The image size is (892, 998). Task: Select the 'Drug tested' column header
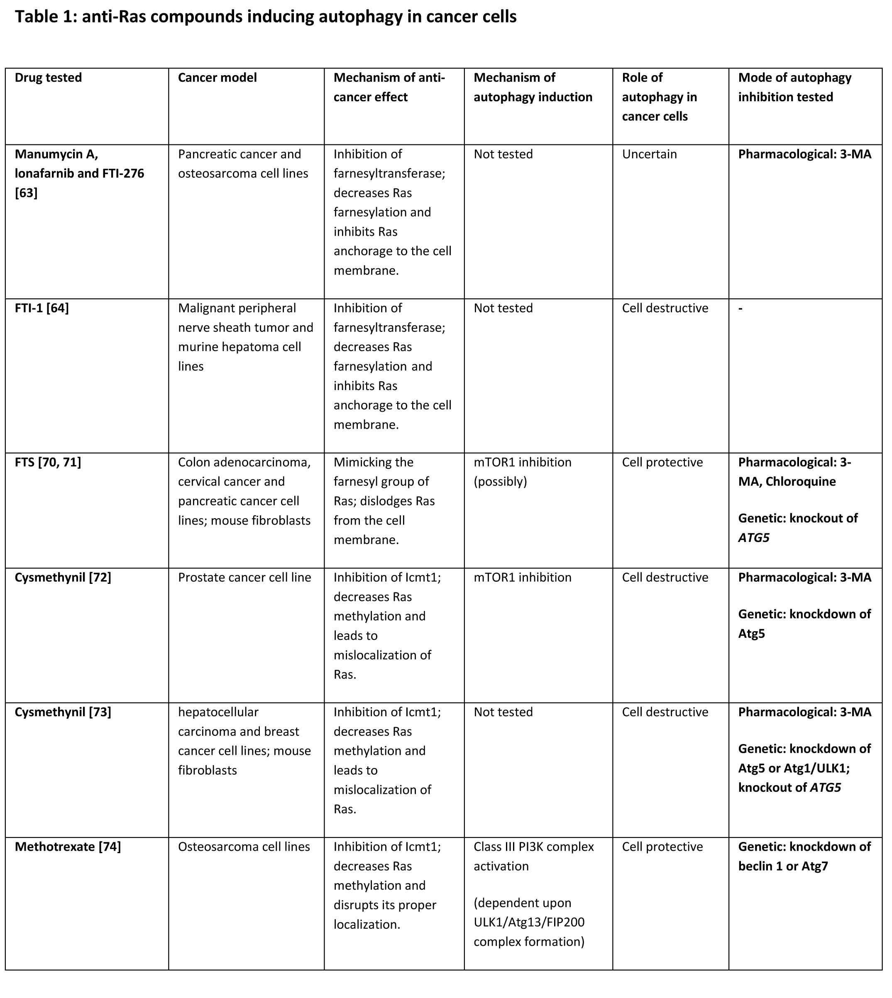(48, 78)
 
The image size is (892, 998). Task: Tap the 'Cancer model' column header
(217, 78)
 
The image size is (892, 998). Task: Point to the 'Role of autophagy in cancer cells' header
(659, 97)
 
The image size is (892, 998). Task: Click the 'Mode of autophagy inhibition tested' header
(794, 87)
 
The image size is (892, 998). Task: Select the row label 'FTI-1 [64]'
(42, 308)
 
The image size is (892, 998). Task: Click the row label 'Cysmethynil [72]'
(63, 578)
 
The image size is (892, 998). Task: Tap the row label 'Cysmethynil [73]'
(63, 713)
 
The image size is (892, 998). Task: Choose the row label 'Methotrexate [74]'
(68, 847)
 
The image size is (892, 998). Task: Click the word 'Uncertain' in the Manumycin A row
(650, 154)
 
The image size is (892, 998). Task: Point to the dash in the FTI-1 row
(740, 309)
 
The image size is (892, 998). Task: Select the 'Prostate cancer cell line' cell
(244, 578)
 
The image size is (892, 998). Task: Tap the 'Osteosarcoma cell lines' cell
(244, 847)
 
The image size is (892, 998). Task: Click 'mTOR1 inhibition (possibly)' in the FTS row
(522, 472)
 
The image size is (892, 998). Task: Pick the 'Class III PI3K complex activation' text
(533, 856)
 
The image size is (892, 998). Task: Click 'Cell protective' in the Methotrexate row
(662, 847)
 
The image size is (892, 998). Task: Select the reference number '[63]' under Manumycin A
(26, 193)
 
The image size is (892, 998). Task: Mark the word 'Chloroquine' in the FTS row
(800, 482)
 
